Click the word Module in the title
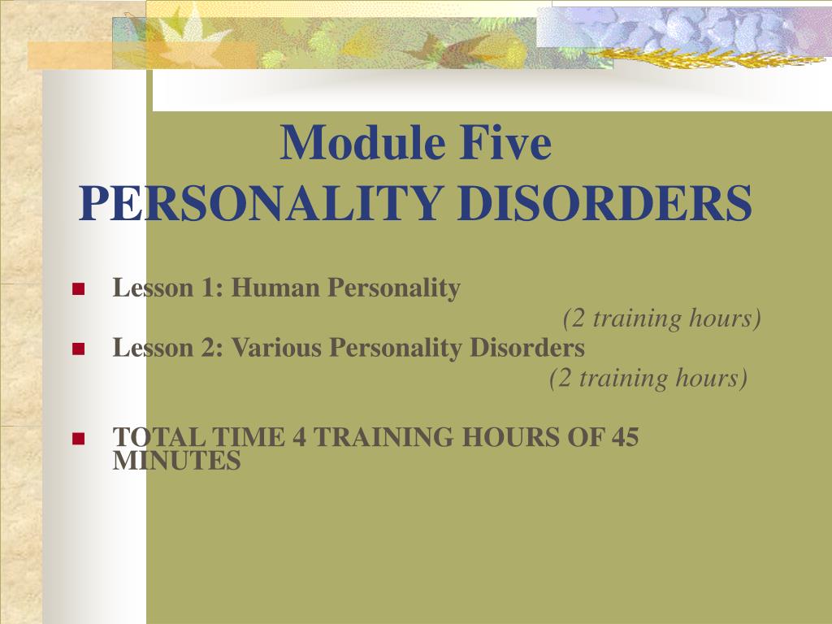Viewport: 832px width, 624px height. (x=362, y=142)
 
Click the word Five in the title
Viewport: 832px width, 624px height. (x=505, y=142)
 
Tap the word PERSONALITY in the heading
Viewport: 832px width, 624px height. (x=261, y=203)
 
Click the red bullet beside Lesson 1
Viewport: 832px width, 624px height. (x=79, y=288)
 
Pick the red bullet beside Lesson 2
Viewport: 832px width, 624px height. (x=79, y=349)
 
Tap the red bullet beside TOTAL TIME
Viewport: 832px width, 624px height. (x=79, y=438)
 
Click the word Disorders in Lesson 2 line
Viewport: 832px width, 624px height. (x=526, y=348)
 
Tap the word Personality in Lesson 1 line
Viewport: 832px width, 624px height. (x=394, y=289)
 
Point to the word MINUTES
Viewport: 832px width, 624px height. (x=176, y=461)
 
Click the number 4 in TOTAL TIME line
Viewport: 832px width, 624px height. (x=299, y=437)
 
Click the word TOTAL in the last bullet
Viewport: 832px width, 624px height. (x=158, y=437)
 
